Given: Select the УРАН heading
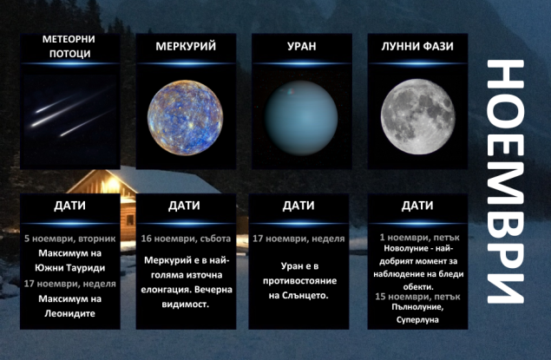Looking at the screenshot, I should (x=301, y=45).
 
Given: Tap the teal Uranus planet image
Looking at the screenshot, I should (x=301, y=120).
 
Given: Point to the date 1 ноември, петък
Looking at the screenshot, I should (x=417, y=236).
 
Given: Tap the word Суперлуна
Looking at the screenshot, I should (x=417, y=319).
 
